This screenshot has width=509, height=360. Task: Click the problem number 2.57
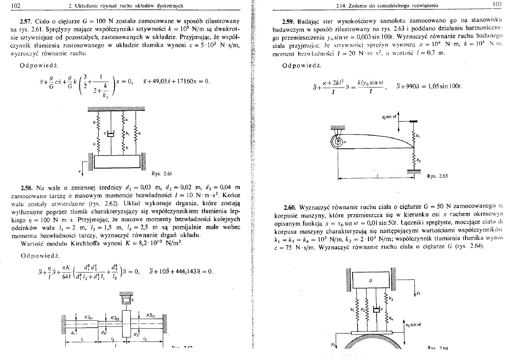26,21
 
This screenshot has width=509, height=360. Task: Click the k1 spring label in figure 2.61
127,133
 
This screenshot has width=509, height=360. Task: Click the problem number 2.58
26,187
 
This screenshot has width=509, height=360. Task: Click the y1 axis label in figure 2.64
418,294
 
